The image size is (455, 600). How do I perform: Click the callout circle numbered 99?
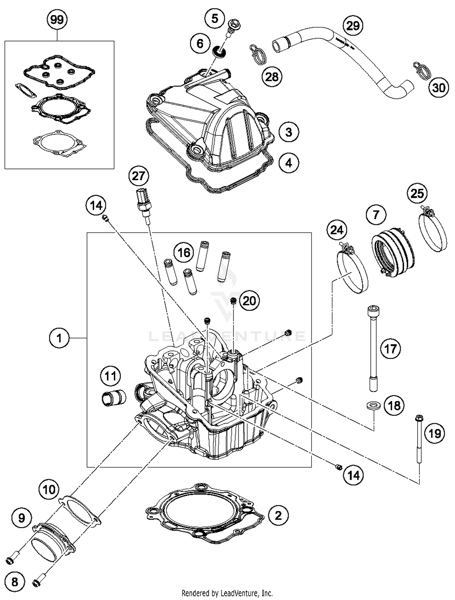tap(57, 20)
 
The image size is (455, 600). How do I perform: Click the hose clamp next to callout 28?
tap(258, 55)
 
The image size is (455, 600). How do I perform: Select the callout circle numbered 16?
tap(184, 252)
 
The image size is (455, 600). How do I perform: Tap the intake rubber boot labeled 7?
tap(393, 252)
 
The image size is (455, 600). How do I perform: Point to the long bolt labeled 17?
tap(373, 348)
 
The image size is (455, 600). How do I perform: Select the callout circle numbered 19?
tap(435, 433)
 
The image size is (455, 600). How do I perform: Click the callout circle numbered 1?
tap(59, 338)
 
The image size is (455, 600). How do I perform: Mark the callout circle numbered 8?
tap(15, 582)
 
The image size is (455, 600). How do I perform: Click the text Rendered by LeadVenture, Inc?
tap(227, 593)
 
